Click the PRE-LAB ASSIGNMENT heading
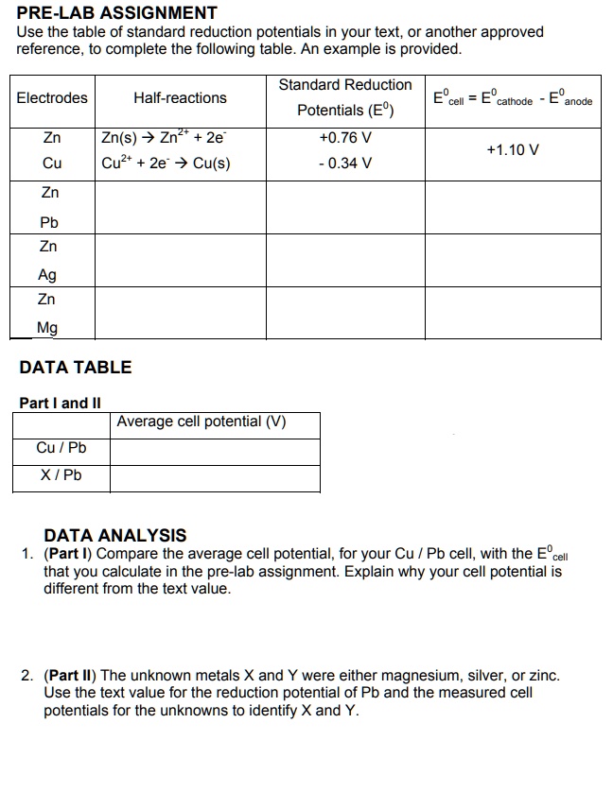click(x=117, y=13)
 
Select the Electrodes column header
click(x=52, y=97)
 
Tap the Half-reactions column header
click(x=180, y=97)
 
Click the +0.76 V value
click(x=345, y=138)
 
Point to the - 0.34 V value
click(x=345, y=163)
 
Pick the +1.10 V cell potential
click(x=513, y=150)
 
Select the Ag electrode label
click(x=47, y=275)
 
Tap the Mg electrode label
click(x=47, y=328)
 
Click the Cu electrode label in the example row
click(x=52, y=163)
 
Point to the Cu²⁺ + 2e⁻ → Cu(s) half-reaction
click(x=166, y=163)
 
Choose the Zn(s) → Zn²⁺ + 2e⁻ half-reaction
click(x=163, y=138)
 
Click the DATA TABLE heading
click(x=76, y=368)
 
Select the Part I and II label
click(x=60, y=403)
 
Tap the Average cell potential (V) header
click(x=201, y=422)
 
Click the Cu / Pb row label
click(x=61, y=448)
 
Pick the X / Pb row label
click(x=61, y=474)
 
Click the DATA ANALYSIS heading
click(x=115, y=536)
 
